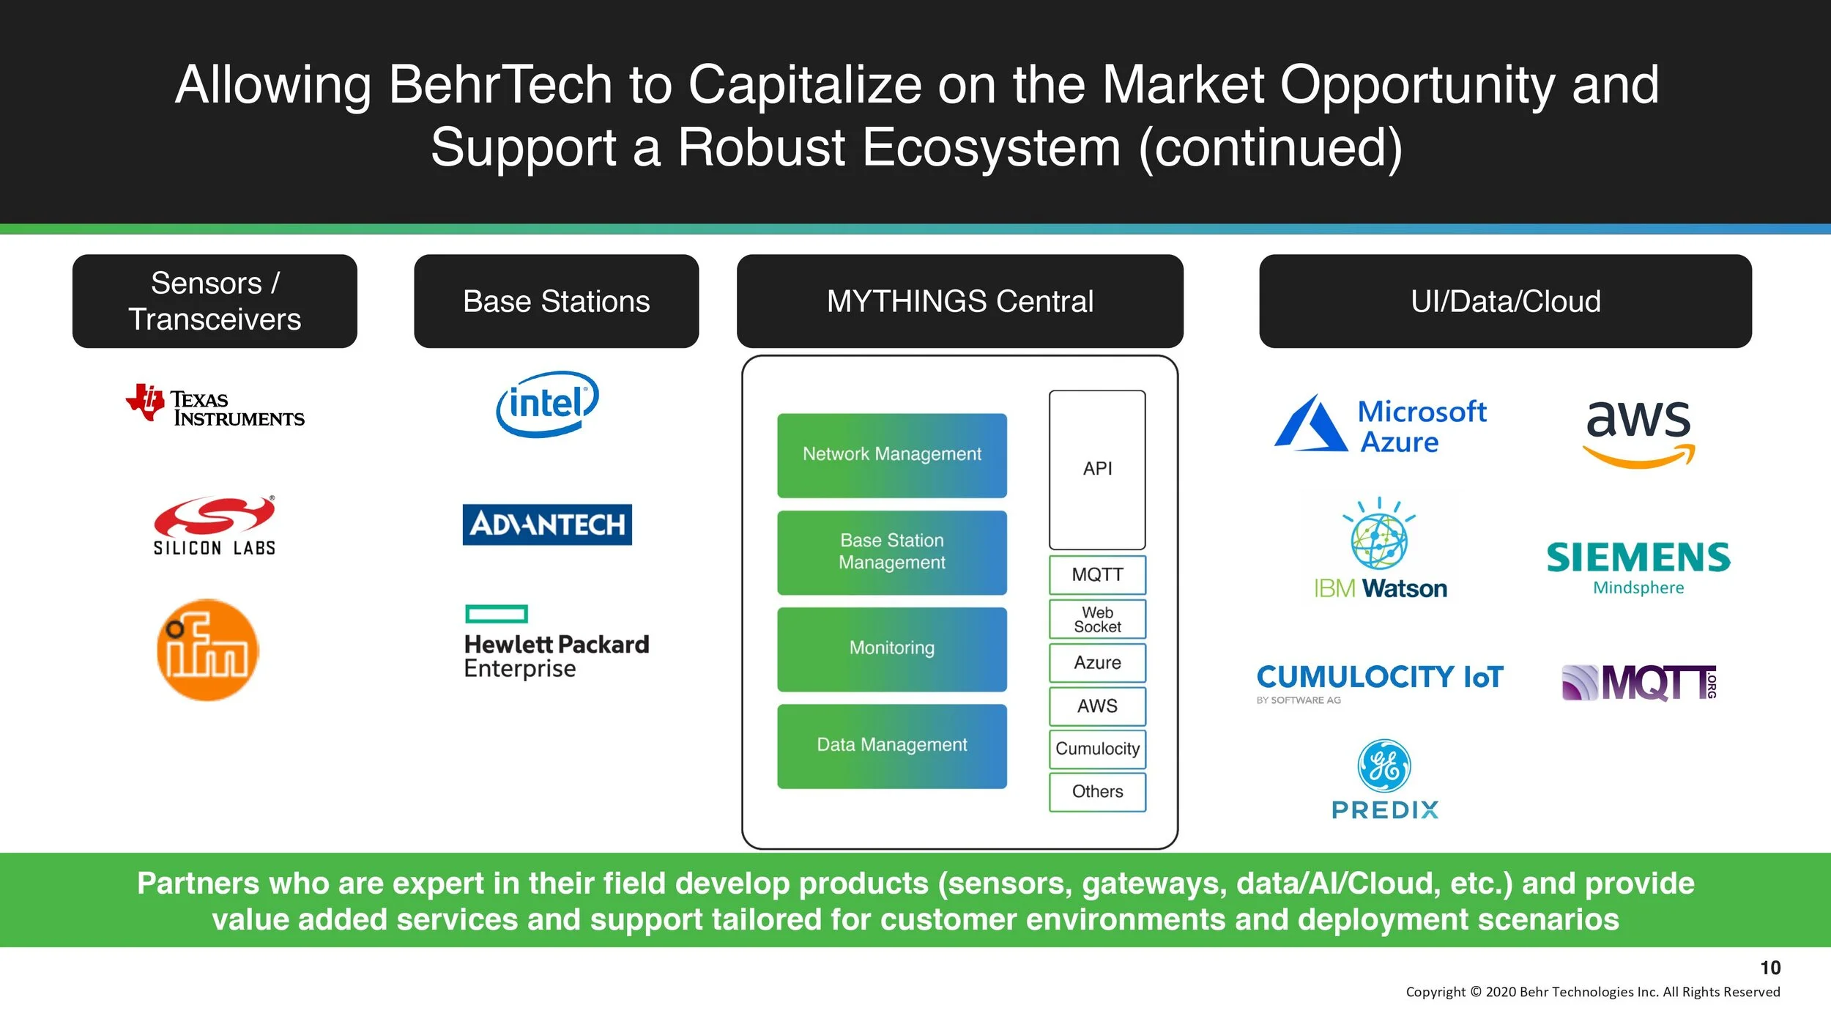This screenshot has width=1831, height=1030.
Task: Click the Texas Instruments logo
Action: (215, 405)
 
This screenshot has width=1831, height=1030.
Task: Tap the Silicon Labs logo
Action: (214, 526)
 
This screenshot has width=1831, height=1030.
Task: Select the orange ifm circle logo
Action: (208, 650)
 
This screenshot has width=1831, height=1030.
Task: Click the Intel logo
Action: (547, 404)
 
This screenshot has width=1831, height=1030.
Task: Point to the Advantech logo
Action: (547, 525)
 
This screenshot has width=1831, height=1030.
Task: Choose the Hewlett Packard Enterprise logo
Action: (556, 642)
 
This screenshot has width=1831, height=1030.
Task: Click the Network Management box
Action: (891, 455)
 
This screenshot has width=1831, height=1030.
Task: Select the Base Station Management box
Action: (891, 552)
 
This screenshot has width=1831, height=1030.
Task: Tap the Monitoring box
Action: (891, 648)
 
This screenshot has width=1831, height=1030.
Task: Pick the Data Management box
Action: (891, 746)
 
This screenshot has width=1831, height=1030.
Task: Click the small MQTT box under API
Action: (1097, 575)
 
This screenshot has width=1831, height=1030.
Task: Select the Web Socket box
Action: (1097, 620)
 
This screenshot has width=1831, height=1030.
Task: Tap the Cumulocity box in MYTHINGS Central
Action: (1097, 749)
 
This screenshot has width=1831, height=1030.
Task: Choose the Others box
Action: (1097, 792)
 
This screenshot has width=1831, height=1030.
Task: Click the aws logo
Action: (1639, 433)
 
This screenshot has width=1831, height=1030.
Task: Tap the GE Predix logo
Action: (1384, 779)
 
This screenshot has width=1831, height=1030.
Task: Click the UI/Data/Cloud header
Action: (1505, 301)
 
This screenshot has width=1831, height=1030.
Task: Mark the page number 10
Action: (1770, 968)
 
